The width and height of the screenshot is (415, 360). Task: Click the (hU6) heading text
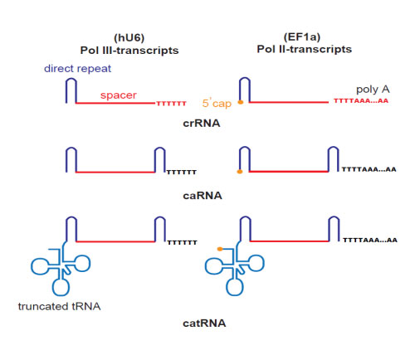pos(129,37)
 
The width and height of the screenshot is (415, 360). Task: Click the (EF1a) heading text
pos(302,36)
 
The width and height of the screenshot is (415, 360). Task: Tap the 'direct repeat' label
pos(77,69)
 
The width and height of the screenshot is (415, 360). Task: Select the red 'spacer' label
pos(119,95)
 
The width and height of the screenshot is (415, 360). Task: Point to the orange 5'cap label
pos(217,104)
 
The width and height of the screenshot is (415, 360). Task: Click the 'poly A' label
pos(373,90)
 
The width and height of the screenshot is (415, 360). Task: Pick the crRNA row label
pos(202,124)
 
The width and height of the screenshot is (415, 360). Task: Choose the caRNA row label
pos(203,196)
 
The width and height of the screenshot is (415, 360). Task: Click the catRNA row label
pos(204,324)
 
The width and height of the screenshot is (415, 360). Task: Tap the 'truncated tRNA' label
pos(59,306)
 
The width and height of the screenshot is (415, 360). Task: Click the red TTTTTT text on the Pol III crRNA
pos(172,104)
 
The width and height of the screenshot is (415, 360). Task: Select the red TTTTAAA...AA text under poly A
pos(361,100)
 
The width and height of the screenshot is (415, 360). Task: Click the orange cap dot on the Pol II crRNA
pos(241,102)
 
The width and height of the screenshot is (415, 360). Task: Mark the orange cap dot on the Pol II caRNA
pos(240,172)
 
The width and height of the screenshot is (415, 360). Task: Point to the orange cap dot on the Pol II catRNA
pos(220,249)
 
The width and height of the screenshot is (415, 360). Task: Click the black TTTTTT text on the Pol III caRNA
pos(182,173)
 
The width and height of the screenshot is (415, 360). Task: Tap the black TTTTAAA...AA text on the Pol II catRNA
pos(370,240)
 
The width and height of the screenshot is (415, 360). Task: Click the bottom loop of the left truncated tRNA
pos(61,287)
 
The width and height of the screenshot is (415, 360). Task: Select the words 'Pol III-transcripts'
pos(129,51)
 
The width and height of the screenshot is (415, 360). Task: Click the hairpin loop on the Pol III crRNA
pos(71,80)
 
